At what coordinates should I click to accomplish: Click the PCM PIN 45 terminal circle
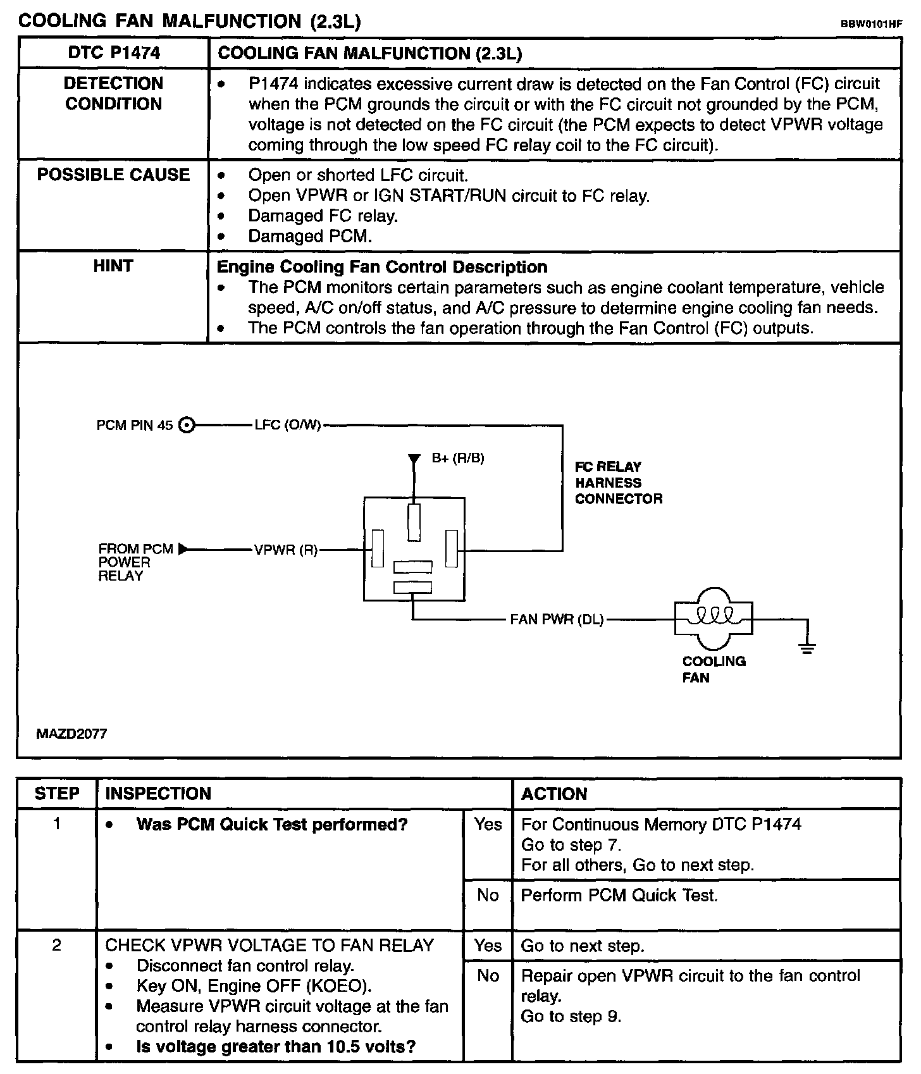(x=186, y=425)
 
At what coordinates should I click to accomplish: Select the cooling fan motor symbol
(x=714, y=618)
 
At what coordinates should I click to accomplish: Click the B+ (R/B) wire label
(x=458, y=458)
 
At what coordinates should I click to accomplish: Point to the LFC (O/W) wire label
(x=288, y=425)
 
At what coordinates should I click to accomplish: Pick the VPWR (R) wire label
(x=286, y=550)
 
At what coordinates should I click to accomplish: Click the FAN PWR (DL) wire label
(x=557, y=619)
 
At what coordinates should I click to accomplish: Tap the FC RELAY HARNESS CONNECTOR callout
(x=618, y=483)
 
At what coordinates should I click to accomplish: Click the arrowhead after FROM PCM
(x=183, y=549)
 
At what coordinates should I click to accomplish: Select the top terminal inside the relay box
(x=414, y=522)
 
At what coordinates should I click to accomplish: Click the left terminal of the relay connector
(x=378, y=549)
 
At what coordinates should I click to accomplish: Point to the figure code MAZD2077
(x=71, y=734)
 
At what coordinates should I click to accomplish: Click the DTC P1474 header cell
(x=114, y=53)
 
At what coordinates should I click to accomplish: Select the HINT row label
(x=113, y=266)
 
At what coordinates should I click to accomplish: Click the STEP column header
(x=57, y=794)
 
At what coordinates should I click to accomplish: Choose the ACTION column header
(x=554, y=794)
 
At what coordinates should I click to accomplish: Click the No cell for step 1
(x=488, y=896)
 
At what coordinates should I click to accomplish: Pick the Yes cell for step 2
(x=488, y=946)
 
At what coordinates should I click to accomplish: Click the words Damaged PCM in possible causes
(x=310, y=237)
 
